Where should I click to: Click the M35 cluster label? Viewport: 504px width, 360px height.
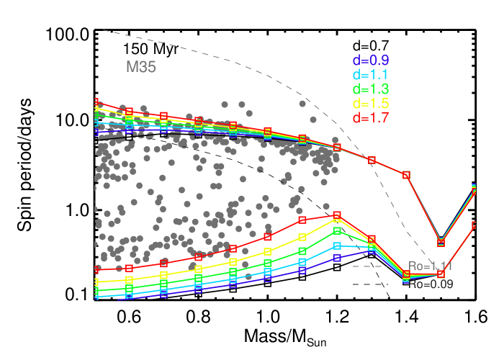(141, 67)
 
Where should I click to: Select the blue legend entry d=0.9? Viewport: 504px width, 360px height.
(371, 60)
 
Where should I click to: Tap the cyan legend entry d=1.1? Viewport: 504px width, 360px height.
(371, 75)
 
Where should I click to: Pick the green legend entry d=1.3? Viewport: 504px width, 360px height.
(371, 89)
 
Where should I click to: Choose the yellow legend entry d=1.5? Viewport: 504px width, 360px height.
(371, 104)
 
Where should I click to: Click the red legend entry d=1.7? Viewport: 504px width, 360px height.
(371, 118)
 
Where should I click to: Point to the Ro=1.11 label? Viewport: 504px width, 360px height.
(431, 267)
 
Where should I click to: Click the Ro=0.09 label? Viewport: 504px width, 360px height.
(431, 284)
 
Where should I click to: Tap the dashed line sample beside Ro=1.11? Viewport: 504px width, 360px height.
(367, 267)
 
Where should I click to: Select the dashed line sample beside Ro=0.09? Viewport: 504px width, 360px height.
(367, 284)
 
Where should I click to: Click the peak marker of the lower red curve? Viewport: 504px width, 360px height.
(337, 215)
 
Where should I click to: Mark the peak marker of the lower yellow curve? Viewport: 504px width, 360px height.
(337, 221)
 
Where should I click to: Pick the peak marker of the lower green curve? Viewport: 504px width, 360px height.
(337, 231)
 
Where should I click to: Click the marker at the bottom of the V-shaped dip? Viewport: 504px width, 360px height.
(441, 242)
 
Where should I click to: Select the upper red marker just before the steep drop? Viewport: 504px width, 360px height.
(406, 175)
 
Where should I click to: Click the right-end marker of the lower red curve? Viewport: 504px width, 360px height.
(474, 225)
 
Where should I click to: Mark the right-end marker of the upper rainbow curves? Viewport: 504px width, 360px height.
(474, 190)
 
